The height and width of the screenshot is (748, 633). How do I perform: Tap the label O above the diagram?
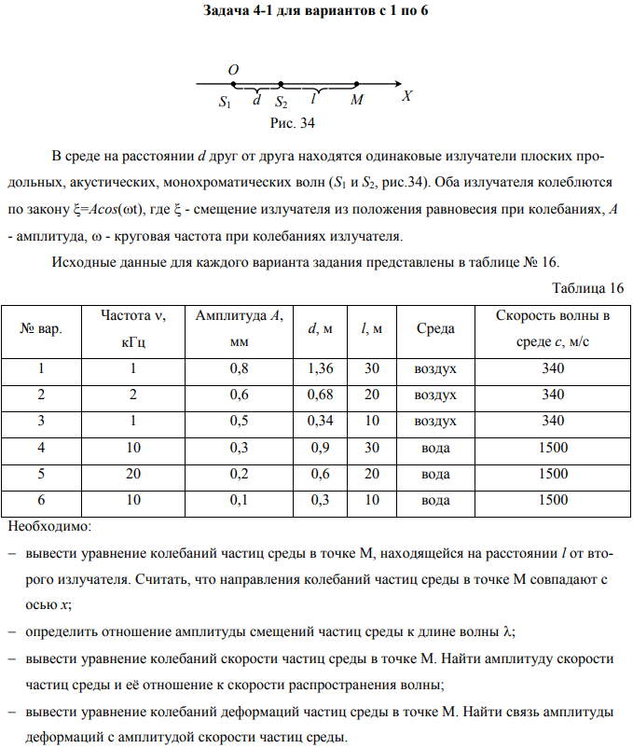(x=232, y=70)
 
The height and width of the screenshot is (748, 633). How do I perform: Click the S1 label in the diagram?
(x=225, y=100)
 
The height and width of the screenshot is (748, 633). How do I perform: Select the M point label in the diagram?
(x=356, y=98)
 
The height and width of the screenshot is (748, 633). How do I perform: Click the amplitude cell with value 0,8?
(x=238, y=369)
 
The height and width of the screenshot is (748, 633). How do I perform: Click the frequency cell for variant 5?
(x=133, y=475)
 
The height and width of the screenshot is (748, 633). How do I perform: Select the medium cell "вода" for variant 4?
(x=434, y=449)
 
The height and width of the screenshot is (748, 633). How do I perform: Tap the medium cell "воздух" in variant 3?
(x=434, y=422)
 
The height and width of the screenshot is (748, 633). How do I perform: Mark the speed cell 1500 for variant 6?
(x=553, y=501)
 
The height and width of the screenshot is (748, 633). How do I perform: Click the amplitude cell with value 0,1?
(x=238, y=501)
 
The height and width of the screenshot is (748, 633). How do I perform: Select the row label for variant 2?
(x=42, y=395)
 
